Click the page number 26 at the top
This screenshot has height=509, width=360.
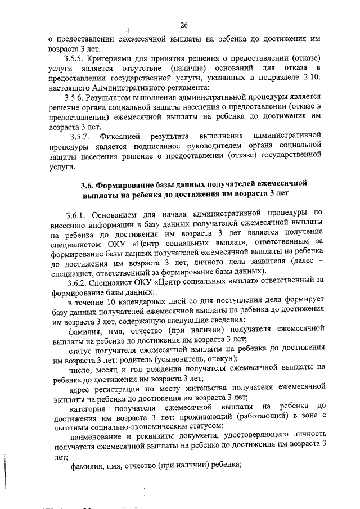[183, 25]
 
